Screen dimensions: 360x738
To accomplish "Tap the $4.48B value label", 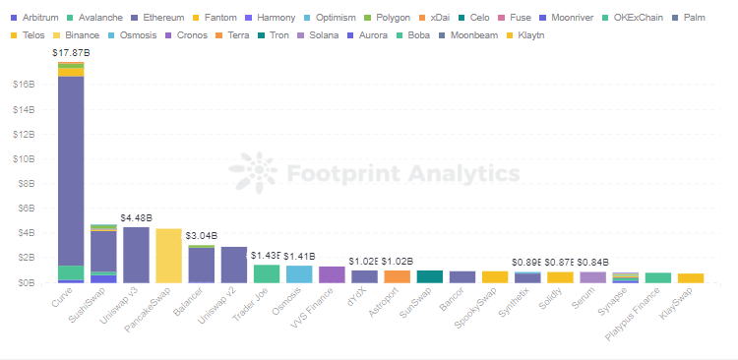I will coord(136,216).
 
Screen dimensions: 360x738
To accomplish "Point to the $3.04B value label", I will coord(202,235).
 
